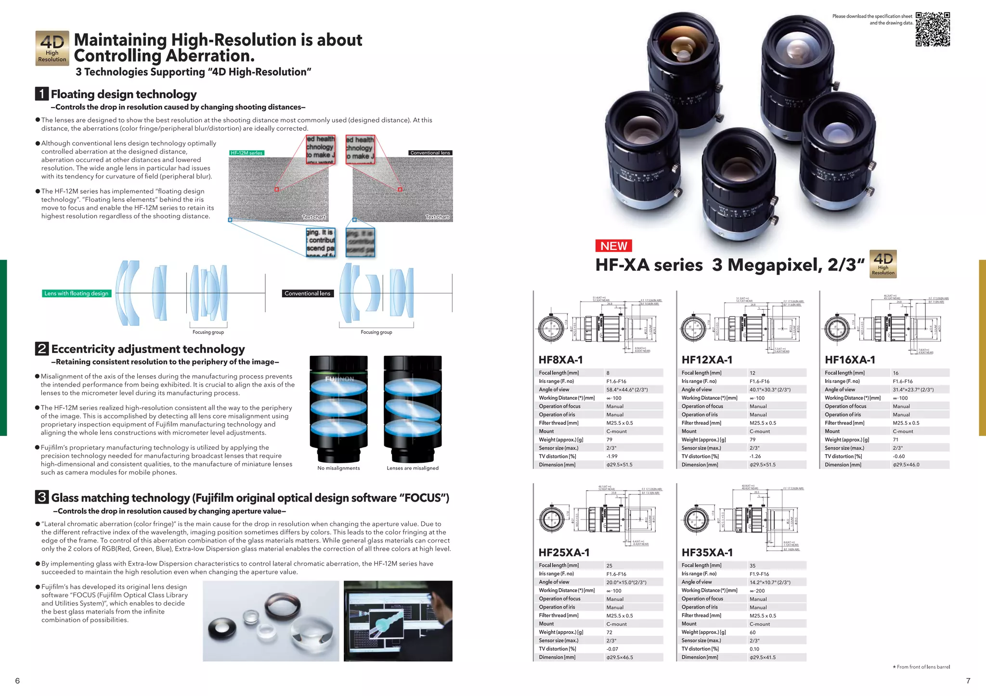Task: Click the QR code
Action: [933, 29]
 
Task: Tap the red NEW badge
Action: [613, 246]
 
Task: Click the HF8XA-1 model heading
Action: [560, 360]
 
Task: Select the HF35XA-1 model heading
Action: [707, 552]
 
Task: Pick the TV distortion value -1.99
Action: [612, 456]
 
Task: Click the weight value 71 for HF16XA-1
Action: [895, 440]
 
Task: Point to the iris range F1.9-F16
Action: [759, 574]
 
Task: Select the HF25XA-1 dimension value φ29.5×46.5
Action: [620, 657]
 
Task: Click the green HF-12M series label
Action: [246, 153]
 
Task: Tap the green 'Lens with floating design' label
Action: [77, 293]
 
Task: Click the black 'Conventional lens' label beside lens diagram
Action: [307, 293]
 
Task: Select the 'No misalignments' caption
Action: [338, 468]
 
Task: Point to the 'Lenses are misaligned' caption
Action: [413, 468]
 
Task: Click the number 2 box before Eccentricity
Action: [42, 348]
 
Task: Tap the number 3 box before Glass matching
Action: [42, 497]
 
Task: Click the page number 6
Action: [18, 681]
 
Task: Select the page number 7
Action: [968, 681]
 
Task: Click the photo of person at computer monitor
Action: [398, 620]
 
